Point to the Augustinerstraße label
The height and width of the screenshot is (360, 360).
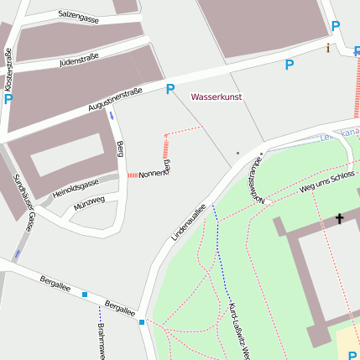coord(114,102)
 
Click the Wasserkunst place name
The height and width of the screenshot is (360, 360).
coord(217,97)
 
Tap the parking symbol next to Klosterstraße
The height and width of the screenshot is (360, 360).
coord(8,99)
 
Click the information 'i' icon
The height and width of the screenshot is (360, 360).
coord(328,48)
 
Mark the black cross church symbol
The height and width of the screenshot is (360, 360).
coord(340,219)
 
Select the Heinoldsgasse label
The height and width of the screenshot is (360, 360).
coord(76,188)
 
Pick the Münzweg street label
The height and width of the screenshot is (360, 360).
coord(89,201)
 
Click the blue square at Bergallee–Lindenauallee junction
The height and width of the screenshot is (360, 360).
coord(142,322)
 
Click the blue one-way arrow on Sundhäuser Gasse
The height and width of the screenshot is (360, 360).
coord(17,253)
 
